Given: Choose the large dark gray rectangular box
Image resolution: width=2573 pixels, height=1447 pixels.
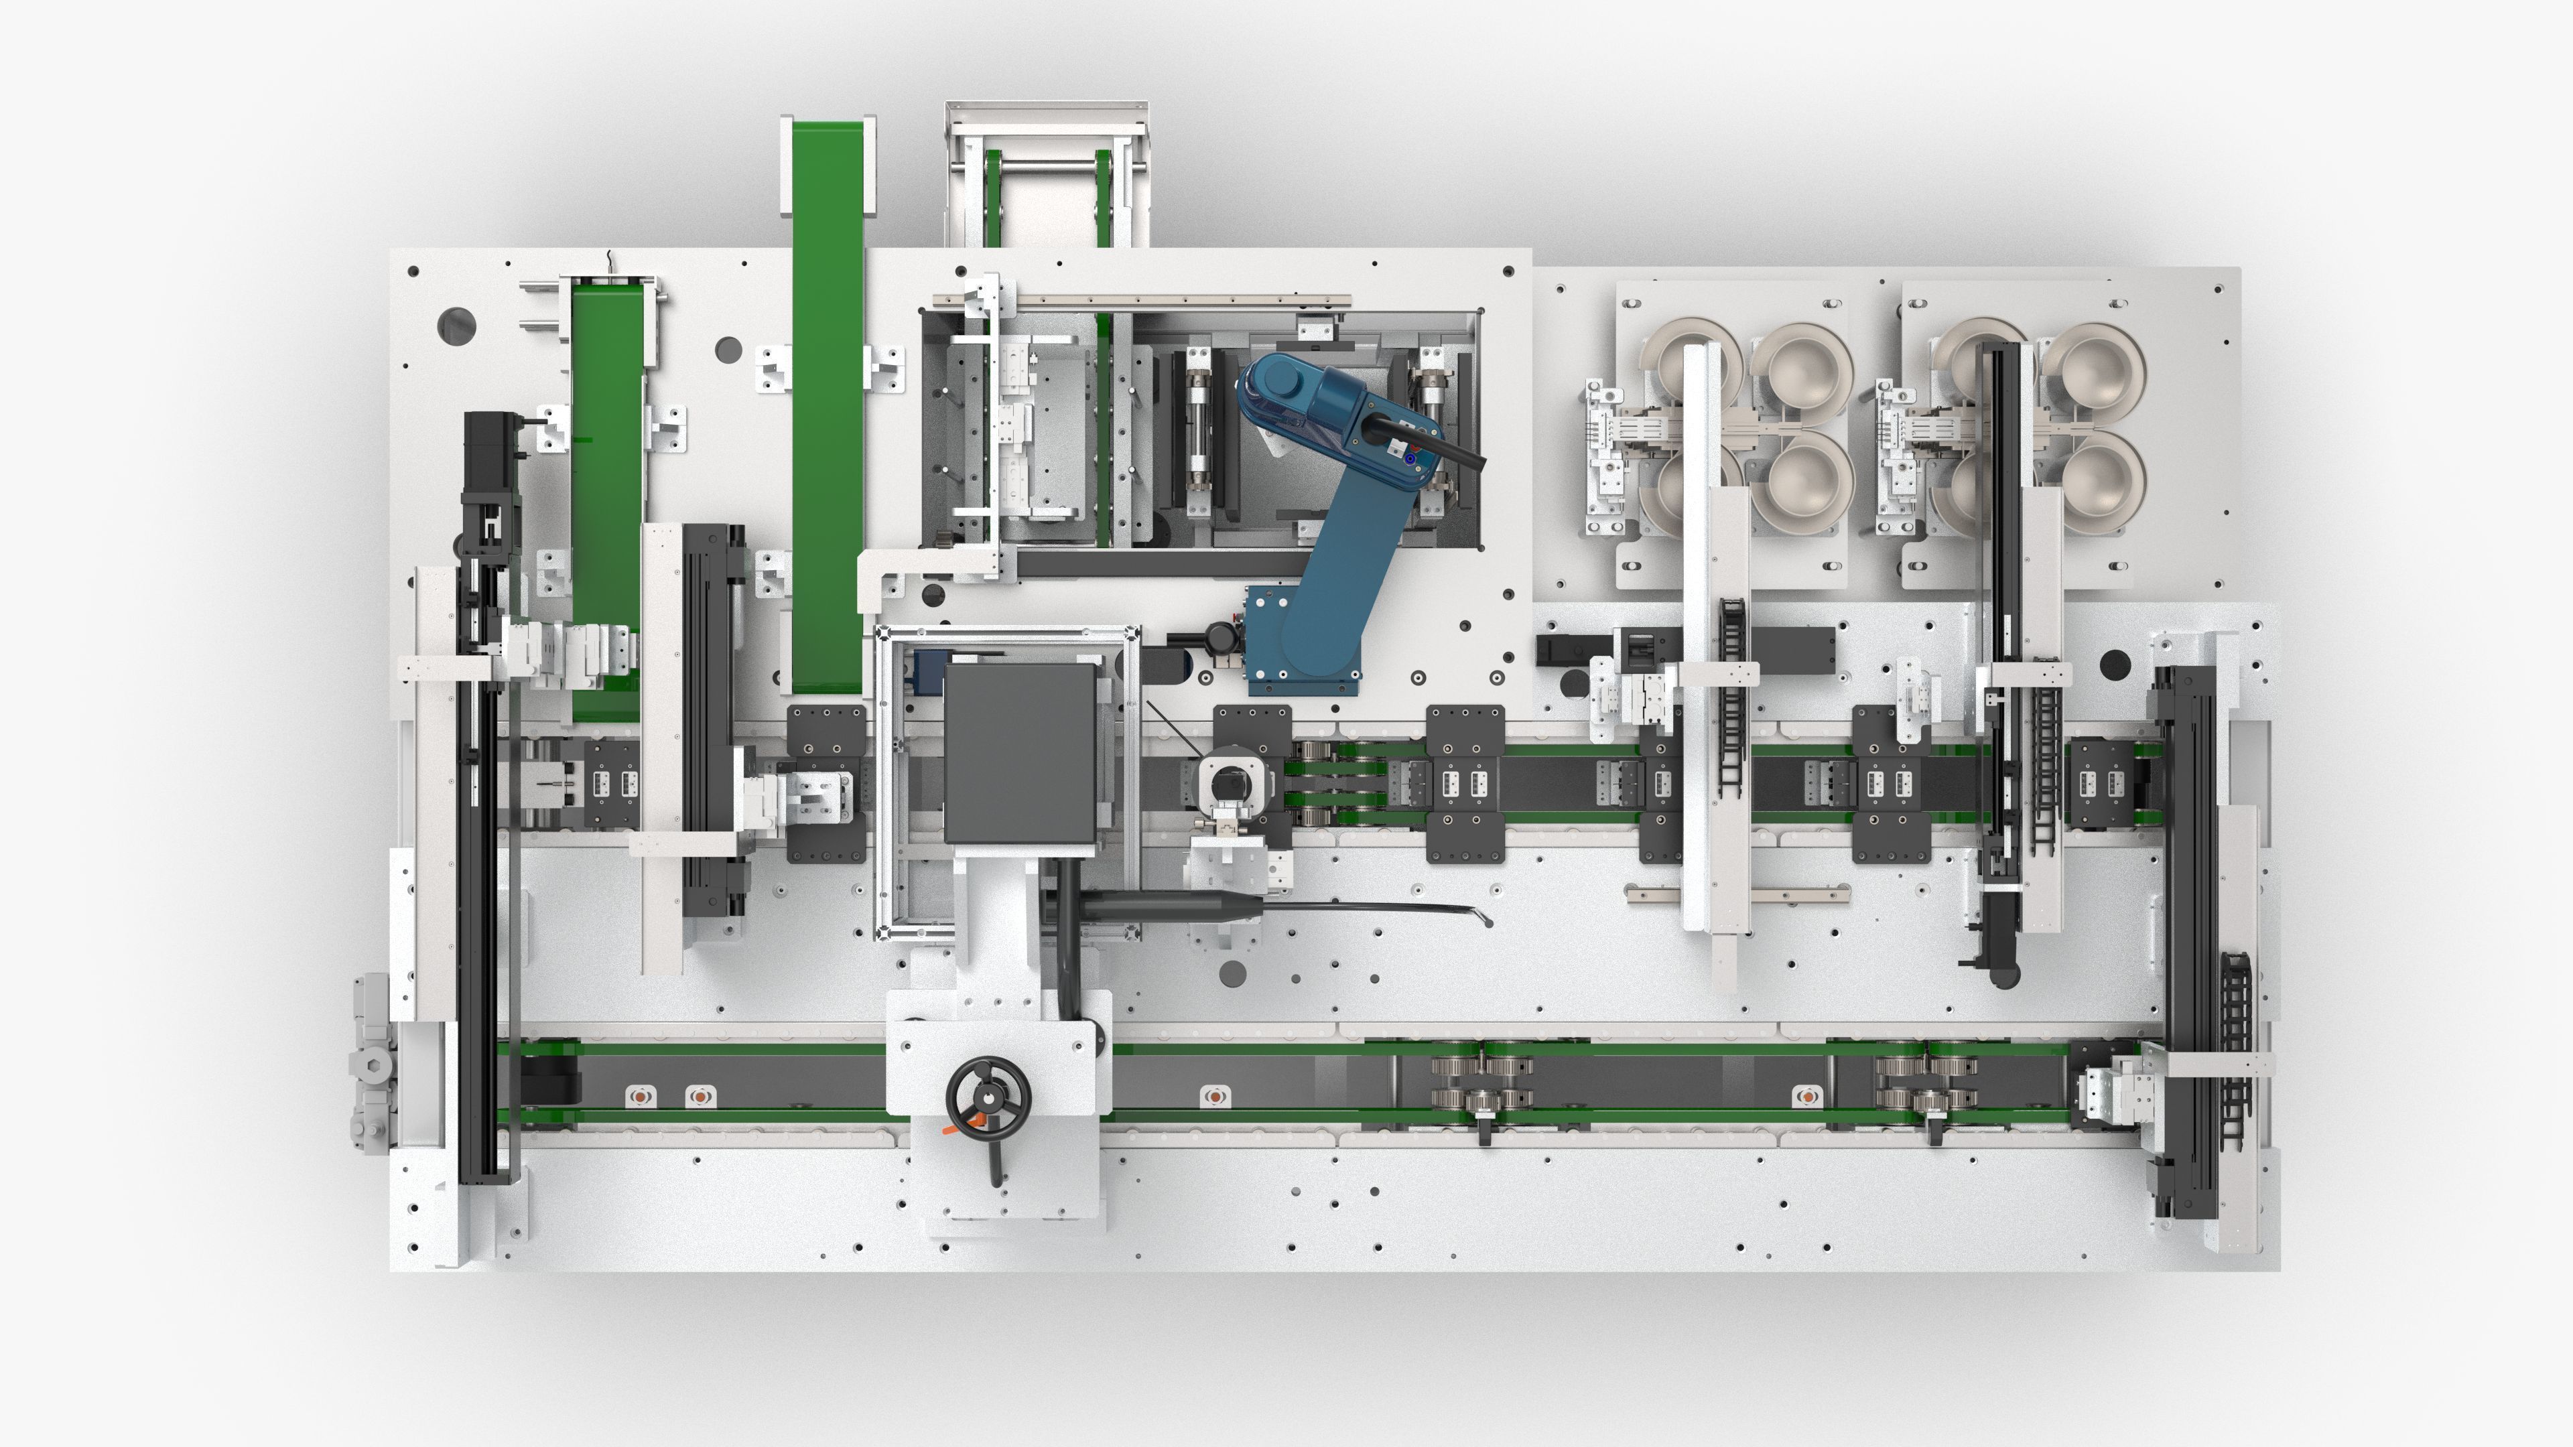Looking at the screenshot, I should [1020, 753].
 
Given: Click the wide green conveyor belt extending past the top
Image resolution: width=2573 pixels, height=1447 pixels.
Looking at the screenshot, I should [827, 399].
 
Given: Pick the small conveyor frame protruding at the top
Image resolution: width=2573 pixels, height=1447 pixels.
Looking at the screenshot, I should [1046, 175].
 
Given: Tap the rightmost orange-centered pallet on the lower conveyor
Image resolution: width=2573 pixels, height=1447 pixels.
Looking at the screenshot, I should [1806, 1097].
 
